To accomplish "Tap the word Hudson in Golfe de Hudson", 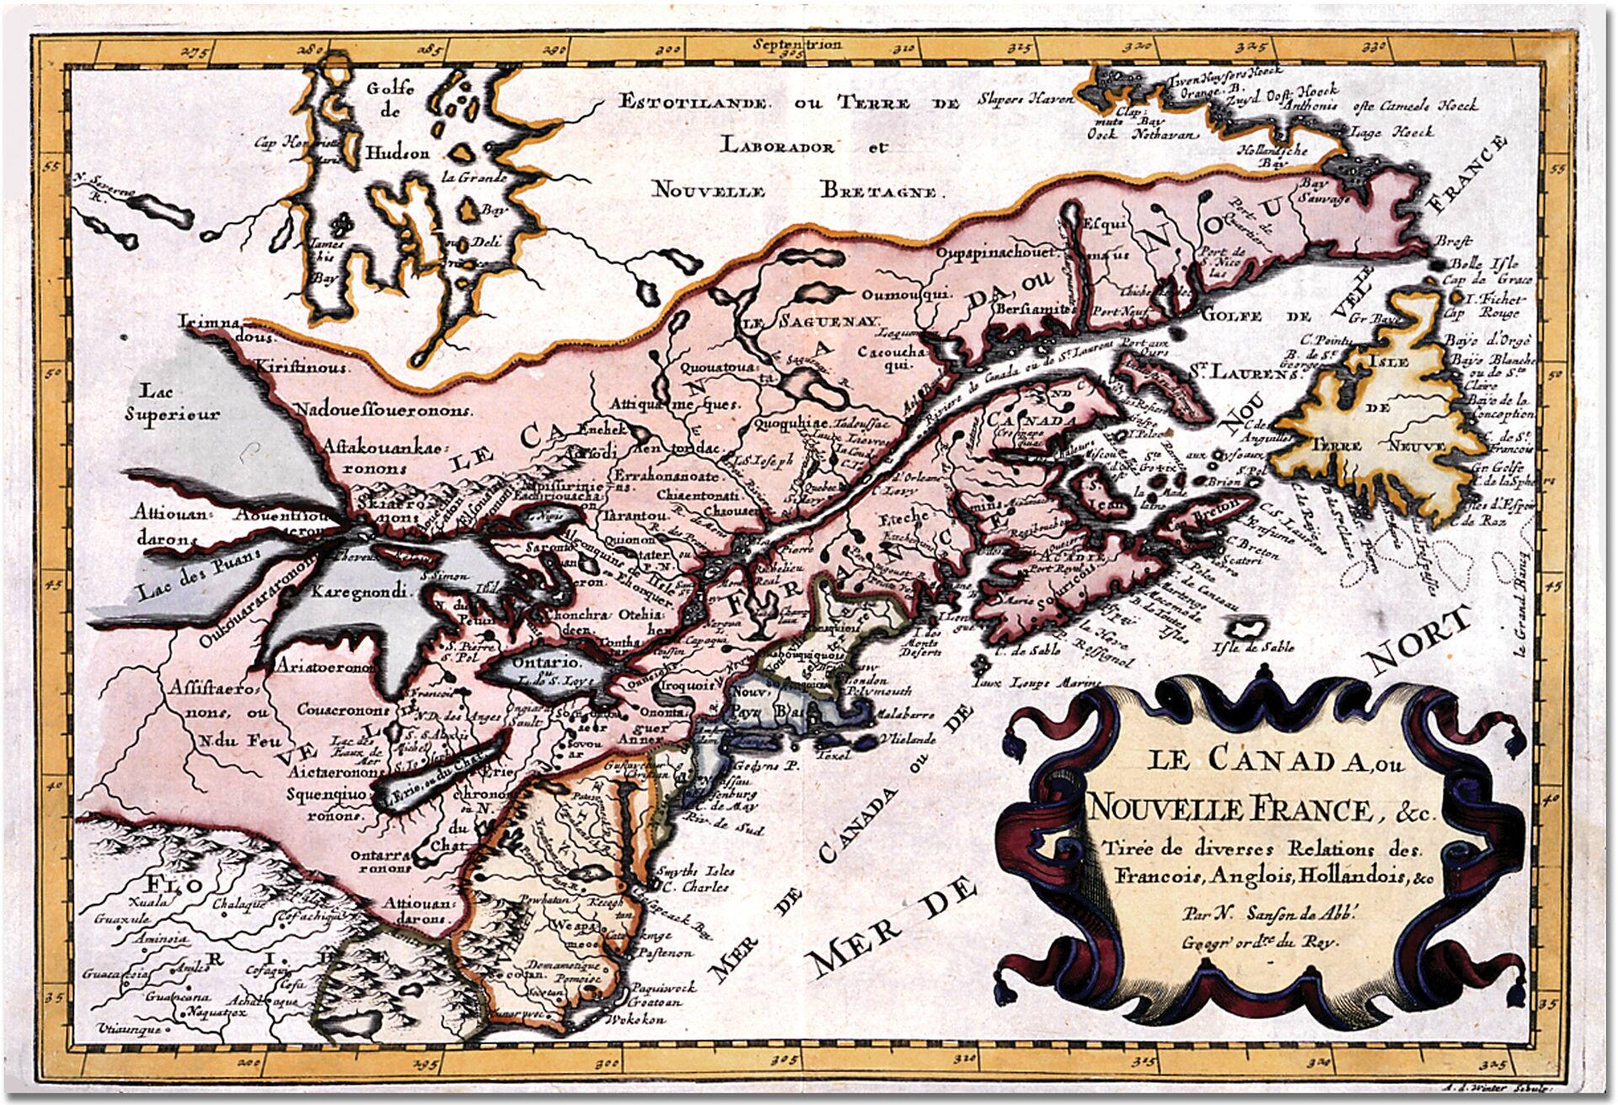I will click(x=397, y=154).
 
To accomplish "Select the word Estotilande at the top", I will click(x=692, y=104).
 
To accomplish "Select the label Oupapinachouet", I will click(x=997, y=253).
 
